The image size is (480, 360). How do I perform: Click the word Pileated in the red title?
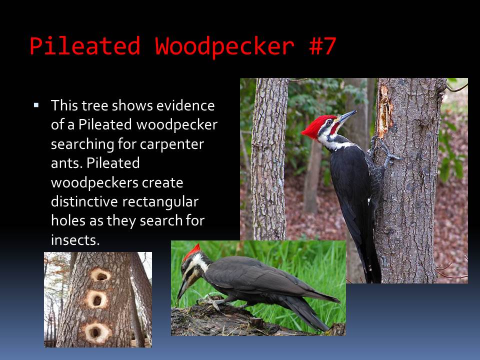click(85, 46)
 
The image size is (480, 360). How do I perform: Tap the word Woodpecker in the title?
click(224, 46)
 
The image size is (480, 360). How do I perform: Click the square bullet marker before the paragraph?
click(36, 105)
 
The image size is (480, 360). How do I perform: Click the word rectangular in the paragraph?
click(160, 201)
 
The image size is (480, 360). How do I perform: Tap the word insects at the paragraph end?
click(75, 240)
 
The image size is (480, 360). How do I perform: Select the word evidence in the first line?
click(185, 105)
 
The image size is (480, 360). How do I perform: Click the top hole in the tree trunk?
click(100, 275)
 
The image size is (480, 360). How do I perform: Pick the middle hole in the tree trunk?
click(97, 299)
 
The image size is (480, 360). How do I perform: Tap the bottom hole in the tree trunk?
click(96, 332)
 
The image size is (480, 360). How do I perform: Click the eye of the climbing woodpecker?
click(329, 122)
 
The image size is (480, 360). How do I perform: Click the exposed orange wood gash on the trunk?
click(384, 111)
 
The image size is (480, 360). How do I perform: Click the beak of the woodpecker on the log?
click(182, 289)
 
